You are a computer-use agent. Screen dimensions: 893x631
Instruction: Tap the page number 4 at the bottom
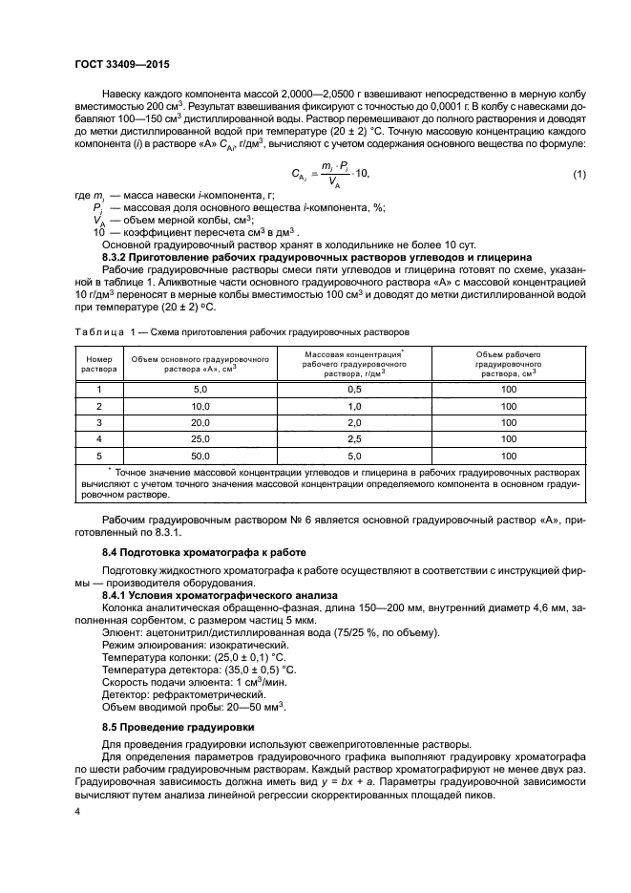[x=76, y=811]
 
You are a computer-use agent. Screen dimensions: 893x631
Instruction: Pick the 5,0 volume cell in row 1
[x=200, y=390]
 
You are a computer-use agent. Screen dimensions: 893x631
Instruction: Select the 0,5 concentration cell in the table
[x=353, y=390]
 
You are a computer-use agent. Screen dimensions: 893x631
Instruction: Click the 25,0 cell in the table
[x=200, y=438]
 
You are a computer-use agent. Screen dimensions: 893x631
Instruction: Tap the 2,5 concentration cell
[x=353, y=438]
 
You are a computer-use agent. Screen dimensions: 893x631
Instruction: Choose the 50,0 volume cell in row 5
[x=200, y=456]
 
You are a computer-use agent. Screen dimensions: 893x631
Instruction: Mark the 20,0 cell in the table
[x=200, y=422]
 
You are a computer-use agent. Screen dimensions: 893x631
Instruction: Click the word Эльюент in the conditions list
[x=123, y=633]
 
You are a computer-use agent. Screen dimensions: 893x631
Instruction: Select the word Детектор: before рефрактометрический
[x=128, y=694]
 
